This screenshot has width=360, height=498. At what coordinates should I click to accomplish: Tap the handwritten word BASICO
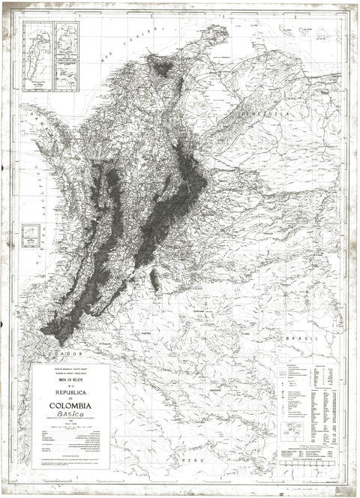(70, 422)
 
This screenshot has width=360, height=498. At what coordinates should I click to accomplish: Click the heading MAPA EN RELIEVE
(70, 379)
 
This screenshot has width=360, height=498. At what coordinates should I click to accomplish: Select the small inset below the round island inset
(69, 73)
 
